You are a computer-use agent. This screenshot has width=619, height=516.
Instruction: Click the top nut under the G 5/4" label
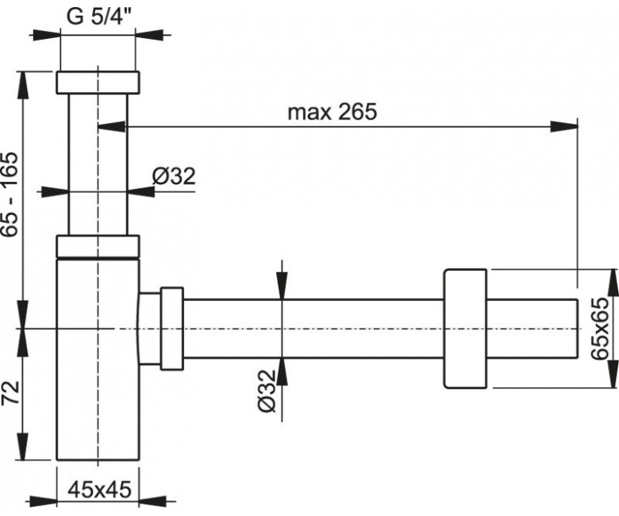(x=98, y=82)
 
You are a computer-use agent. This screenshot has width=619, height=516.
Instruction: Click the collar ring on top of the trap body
(x=98, y=246)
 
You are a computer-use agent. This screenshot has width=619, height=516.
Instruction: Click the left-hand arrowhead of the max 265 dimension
(x=106, y=125)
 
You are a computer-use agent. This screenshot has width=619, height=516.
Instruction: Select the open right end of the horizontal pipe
(x=575, y=327)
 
